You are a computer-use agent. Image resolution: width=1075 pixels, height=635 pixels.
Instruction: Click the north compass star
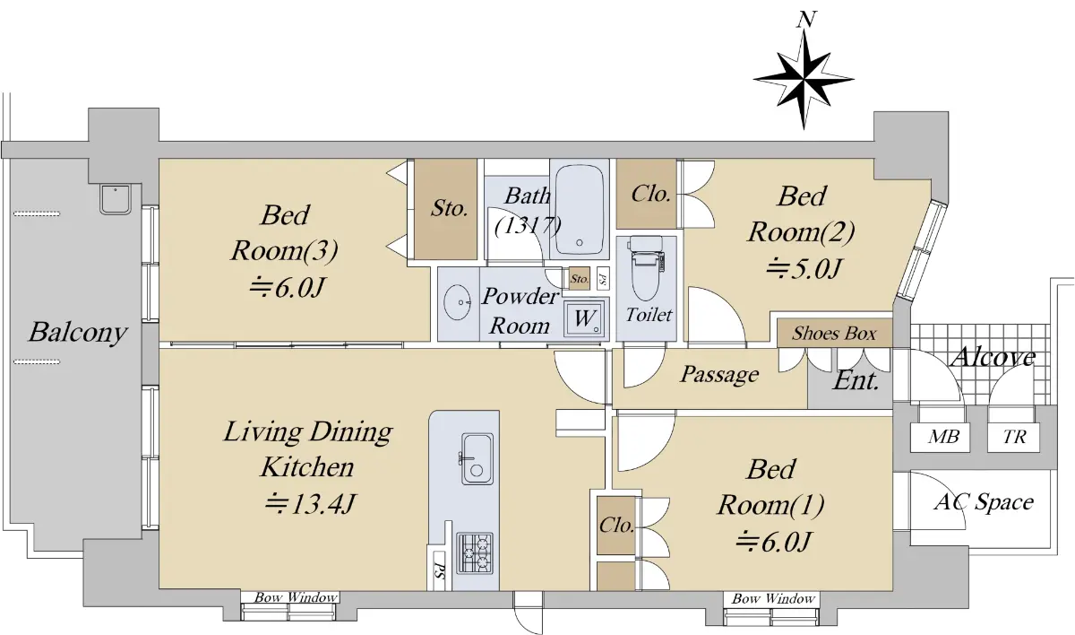[x=804, y=80]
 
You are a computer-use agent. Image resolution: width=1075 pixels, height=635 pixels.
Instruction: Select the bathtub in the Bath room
[x=580, y=210]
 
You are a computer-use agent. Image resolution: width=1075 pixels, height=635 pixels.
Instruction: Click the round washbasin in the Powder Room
[x=458, y=302]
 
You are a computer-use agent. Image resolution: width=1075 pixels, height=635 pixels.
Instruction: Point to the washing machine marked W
[x=584, y=318]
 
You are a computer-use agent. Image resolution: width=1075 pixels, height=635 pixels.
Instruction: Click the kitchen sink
[x=477, y=458]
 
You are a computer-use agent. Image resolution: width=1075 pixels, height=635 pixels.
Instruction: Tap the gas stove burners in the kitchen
[x=475, y=552]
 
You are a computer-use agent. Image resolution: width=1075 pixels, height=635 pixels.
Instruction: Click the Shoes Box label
[x=834, y=334]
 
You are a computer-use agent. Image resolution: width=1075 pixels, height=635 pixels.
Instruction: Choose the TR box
[x=1013, y=437]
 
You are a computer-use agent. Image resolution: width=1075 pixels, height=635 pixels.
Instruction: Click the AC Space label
[x=984, y=502]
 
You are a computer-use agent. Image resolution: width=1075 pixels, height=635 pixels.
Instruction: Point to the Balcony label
[x=78, y=333]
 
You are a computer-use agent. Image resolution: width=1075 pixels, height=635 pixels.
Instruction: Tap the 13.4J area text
[x=311, y=504]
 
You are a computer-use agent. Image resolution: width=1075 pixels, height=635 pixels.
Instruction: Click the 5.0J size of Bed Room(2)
[x=804, y=268]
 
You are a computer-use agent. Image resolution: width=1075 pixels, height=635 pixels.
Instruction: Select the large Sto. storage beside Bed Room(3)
[x=446, y=210]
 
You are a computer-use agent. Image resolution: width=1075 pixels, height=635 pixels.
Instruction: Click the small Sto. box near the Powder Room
[x=580, y=279]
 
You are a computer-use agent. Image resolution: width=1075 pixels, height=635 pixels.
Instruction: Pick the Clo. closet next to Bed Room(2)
[x=647, y=194]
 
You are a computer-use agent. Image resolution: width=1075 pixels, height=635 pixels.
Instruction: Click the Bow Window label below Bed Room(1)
[x=773, y=598]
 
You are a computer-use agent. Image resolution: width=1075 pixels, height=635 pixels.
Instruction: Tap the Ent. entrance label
[x=856, y=381]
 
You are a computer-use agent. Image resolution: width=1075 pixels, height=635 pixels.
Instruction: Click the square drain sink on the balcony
[x=116, y=199]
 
